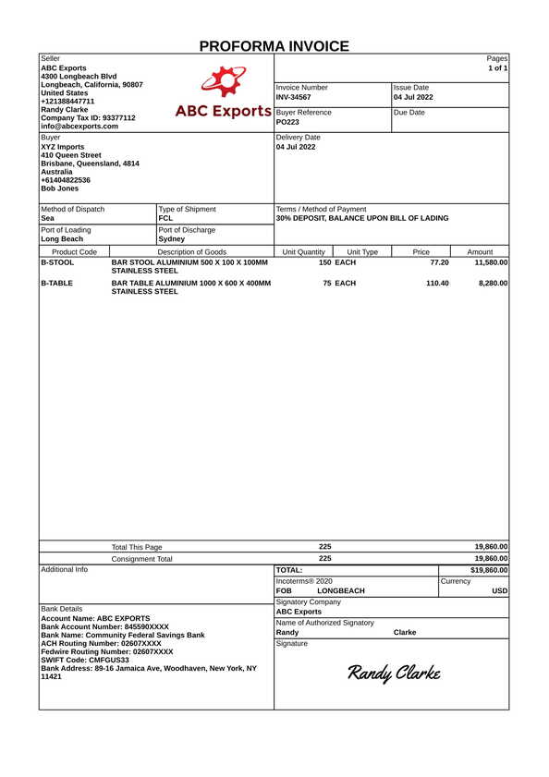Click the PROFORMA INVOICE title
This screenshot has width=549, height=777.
point(274,46)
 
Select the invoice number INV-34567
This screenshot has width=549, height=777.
point(294,97)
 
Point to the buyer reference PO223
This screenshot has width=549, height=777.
point(287,122)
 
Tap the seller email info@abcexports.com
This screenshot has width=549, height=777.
point(79,127)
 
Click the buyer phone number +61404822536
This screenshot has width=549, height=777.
point(66,180)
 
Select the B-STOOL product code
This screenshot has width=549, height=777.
point(57,262)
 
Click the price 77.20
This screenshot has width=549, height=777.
point(439,262)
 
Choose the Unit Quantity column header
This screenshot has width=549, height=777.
point(303,251)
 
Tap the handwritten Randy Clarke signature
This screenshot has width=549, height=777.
point(393,673)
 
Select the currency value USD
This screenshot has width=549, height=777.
point(499,590)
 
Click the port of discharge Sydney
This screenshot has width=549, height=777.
point(171,238)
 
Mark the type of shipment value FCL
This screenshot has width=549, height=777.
point(165,219)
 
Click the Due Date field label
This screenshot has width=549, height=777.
point(409,113)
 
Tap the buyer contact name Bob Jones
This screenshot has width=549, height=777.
point(60,188)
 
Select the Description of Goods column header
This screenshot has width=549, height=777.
point(191,251)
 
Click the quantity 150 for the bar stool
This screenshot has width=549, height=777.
point(325,262)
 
